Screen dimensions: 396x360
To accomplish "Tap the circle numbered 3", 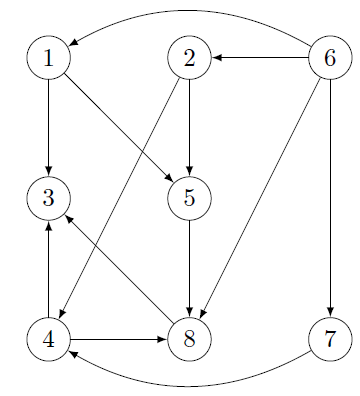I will click(x=48, y=198).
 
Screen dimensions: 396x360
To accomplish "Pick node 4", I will click(x=48, y=339).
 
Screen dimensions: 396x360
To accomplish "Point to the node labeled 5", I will click(x=189, y=198).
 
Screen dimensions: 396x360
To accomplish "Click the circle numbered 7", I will click(x=330, y=339).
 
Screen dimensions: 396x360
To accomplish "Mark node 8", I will click(x=189, y=339).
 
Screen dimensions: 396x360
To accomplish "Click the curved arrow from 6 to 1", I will click(x=189, y=12).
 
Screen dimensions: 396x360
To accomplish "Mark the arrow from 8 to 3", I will click(x=118, y=268).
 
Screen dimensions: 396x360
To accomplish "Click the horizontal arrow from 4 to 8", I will click(x=118, y=339).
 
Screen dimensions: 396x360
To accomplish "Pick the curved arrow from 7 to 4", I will click(x=189, y=384).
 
